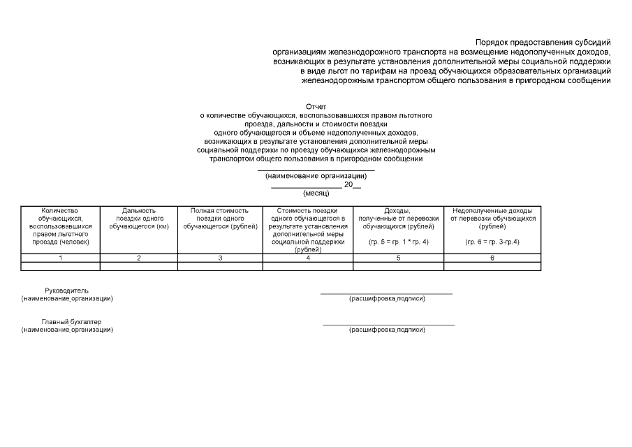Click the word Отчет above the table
(x=316, y=106)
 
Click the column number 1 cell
(x=61, y=258)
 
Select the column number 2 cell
(x=139, y=258)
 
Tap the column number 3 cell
(x=220, y=258)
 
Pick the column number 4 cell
(x=308, y=258)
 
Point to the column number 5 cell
(x=398, y=258)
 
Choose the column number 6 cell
(x=492, y=258)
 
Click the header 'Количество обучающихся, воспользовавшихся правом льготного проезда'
(x=61, y=226)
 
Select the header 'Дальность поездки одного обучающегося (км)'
(x=139, y=219)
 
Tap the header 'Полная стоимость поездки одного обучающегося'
(x=220, y=219)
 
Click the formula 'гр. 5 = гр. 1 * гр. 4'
(x=398, y=242)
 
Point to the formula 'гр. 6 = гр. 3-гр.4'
(x=492, y=242)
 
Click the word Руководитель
(x=66, y=291)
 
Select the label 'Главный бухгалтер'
(x=66, y=321)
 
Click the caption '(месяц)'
(x=316, y=193)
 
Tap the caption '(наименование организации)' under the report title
(x=316, y=176)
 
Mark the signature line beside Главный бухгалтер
(x=388, y=325)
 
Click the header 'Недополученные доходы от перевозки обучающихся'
(x=492, y=219)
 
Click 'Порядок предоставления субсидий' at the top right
(x=543, y=43)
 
